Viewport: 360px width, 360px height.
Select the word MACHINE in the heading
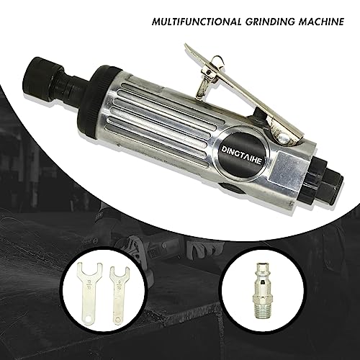[x=321, y=22]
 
